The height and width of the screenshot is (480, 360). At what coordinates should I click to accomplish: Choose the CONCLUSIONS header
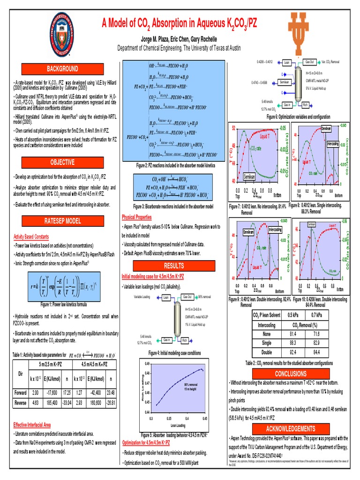click(290, 374)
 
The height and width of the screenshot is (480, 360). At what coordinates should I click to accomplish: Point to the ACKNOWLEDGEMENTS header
click(290, 428)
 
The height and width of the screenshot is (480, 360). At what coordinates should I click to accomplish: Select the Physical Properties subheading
click(136, 217)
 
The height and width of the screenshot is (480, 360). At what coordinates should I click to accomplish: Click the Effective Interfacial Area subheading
click(32, 424)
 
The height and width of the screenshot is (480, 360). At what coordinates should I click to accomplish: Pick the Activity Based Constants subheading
click(33, 237)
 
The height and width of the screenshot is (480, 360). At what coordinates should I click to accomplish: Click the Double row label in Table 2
click(267, 352)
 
